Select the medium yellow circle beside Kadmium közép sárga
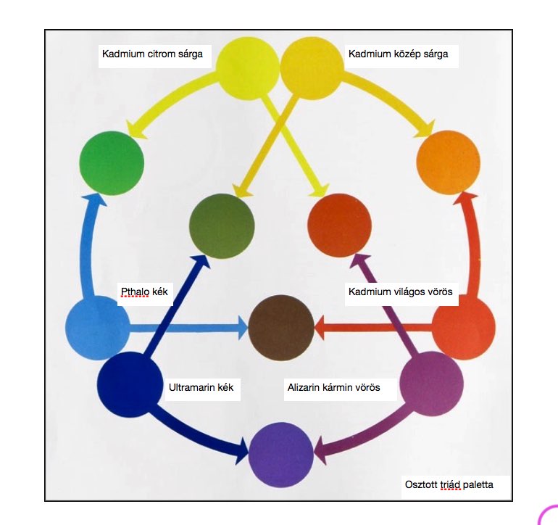(312, 68)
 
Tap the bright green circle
(112, 163)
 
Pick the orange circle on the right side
(448, 162)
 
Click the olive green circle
(222, 226)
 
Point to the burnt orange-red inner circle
(340, 226)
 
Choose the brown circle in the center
(281, 328)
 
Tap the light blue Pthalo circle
(97, 328)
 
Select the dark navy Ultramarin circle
(130, 384)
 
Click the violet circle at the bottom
(281, 455)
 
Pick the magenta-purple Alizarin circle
(432, 384)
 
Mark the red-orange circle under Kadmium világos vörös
(463, 328)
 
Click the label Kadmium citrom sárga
(152, 54)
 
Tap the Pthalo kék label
(144, 292)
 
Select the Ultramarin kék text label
(201, 387)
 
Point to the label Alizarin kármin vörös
(334, 387)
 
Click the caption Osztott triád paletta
(449, 484)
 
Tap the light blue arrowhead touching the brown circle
(243, 328)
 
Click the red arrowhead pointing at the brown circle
(320, 328)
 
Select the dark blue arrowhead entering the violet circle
(243, 450)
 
